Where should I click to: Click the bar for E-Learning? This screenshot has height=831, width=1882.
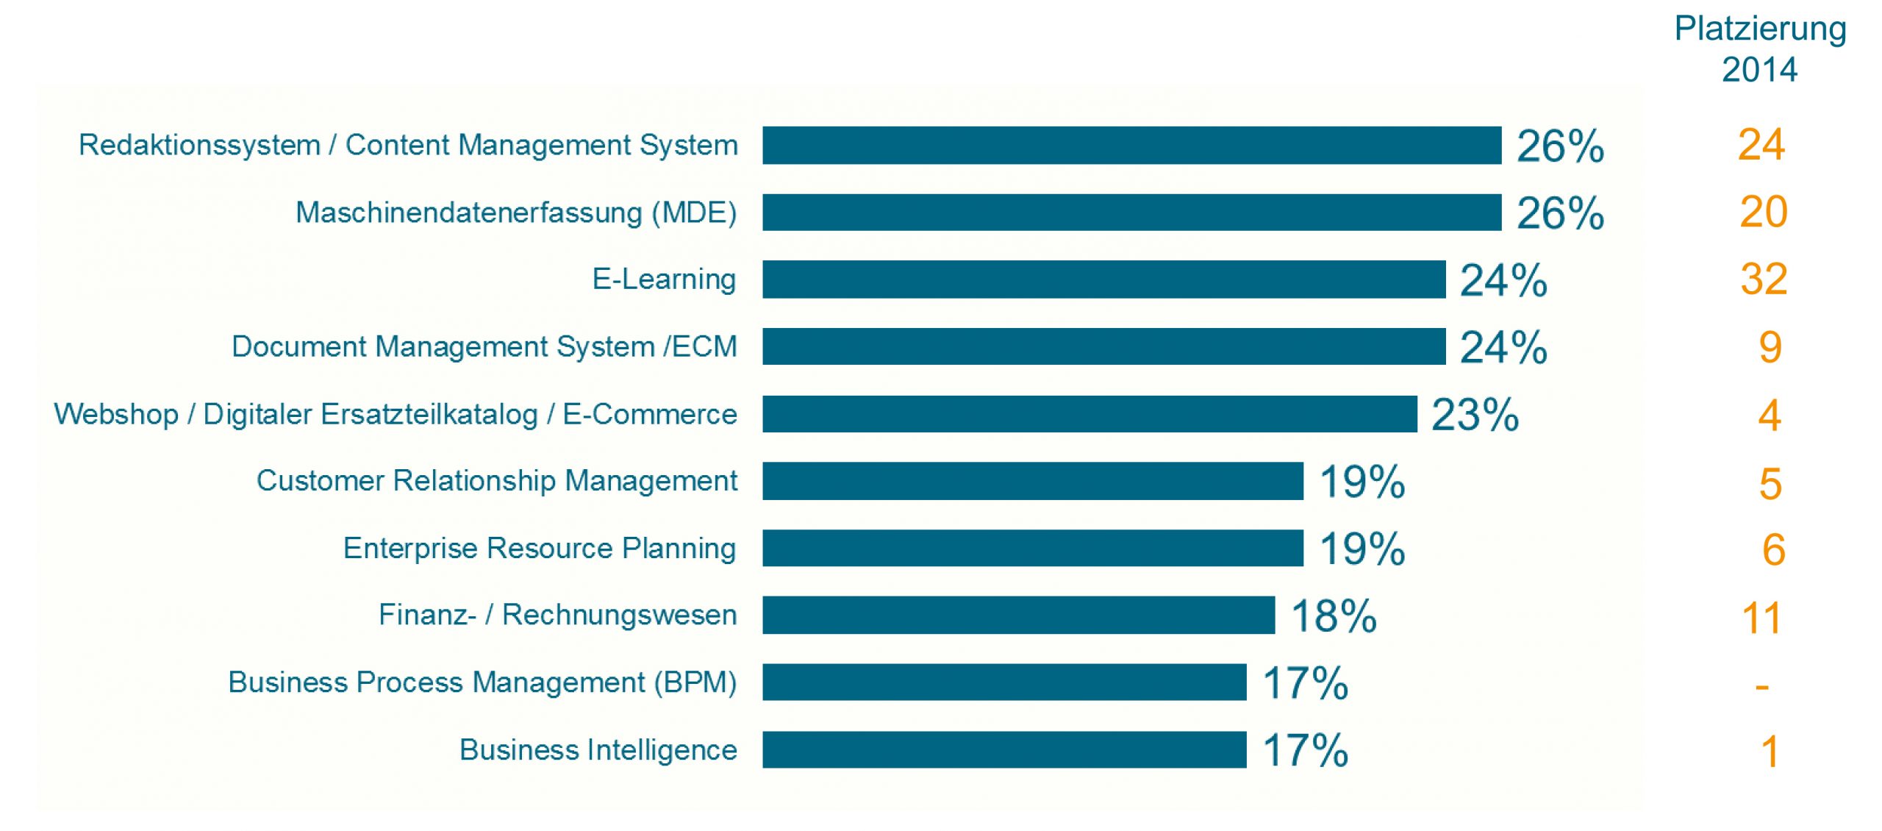pyautogui.click(x=1103, y=279)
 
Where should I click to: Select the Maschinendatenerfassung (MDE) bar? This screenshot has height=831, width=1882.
pyautogui.click(x=1131, y=213)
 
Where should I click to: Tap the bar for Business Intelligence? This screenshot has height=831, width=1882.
pyautogui.click(x=1003, y=749)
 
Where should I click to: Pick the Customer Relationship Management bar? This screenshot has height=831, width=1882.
pyautogui.click(x=1032, y=481)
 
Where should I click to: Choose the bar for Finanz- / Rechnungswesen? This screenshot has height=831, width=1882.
pyautogui.click(x=1018, y=615)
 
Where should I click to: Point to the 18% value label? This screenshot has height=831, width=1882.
pyautogui.click(x=1334, y=616)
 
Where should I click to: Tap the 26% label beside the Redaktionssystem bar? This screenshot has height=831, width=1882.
pyautogui.click(x=1560, y=146)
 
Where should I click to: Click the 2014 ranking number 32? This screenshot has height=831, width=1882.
pyautogui.click(x=1763, y=279)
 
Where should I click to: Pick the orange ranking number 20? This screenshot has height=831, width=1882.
pyautogui.click(x=1763, y=213)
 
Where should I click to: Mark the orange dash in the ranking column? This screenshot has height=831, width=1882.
pyautogui.click(x=1761, y=688)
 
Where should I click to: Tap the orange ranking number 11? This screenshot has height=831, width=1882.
pyautogui.click(x=1761, y=618)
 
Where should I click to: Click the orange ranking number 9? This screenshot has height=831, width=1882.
pyautogui.click(x=1770, y=347)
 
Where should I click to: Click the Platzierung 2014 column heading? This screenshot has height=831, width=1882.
pyautogui.click(x=1760, y=49)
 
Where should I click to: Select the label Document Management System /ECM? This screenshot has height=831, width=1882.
pyautogui.click(x=484, y=346)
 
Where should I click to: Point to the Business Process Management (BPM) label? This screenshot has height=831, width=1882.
pyautogui.click(x=482, y=682)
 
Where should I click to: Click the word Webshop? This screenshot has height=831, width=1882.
pyautogui.click(x=116, y=414)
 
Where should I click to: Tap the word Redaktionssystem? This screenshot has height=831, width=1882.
pyautogui.click(x=199, y=145)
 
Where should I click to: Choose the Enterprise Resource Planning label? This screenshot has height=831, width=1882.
pyautogui.click(x=539, y=549)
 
